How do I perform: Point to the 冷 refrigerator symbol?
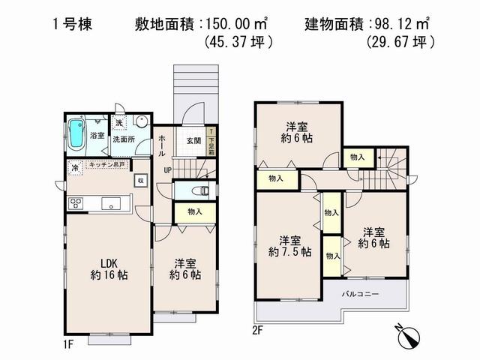point(74,168)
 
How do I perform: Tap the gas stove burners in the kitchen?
point(76,202)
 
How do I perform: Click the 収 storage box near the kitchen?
point(140,180)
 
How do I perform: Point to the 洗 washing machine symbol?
point(118,123)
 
